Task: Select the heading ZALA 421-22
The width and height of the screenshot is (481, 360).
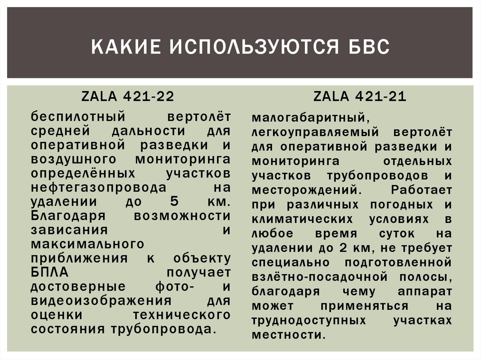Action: [x=128, y=96]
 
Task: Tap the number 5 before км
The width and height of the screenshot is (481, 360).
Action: [x=171, y=202]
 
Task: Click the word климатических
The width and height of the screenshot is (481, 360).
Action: [x=303, y=219]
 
